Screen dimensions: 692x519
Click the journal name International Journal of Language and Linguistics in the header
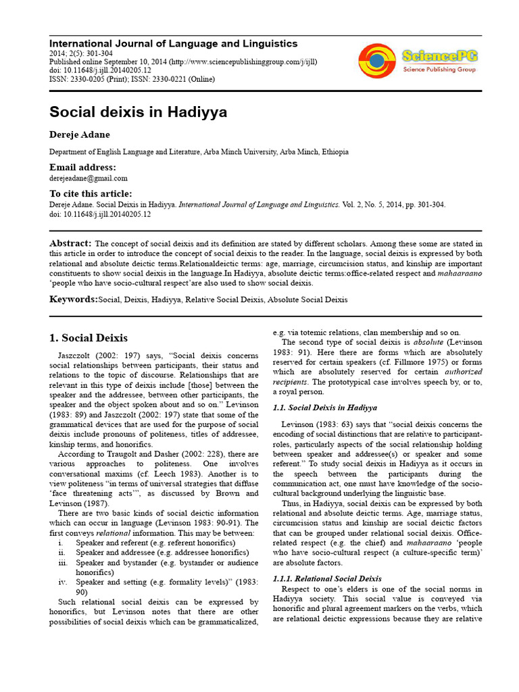(174, 43)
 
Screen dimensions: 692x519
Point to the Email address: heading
(82, 167)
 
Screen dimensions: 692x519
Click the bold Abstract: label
(70, 243)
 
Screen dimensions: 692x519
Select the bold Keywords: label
(74, 298)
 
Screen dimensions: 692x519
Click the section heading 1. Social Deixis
(89, 338)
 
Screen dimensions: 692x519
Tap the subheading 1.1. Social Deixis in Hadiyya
(324, 407)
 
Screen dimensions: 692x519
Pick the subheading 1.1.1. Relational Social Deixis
(326, 578)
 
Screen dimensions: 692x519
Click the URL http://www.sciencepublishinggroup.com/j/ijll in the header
(243, 61)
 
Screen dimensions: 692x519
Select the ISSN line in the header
(132, 79)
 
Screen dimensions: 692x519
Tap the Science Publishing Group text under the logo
(439, 69)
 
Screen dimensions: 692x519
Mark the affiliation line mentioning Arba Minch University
(199, 152)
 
